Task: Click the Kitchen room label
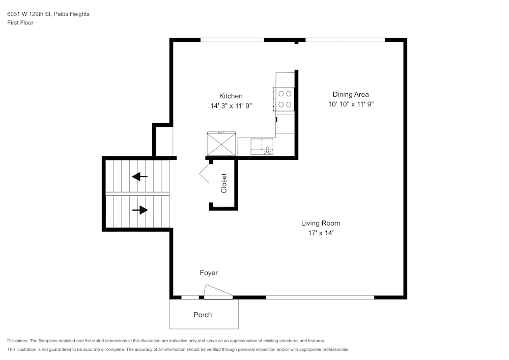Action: (x=231, y=96)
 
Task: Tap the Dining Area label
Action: (x=350, y=94)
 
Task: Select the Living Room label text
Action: (x=320, y=223)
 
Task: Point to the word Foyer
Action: (x=208, y=273)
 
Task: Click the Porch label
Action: (x=203, y=315)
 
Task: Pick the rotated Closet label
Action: (x=224, y=183)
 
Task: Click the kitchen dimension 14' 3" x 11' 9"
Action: (x=231, y=106)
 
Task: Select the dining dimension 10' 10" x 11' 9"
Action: (x=351, y=104)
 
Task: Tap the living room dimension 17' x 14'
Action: (x=320, y=233)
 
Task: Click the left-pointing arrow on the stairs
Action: (x=139, y=177)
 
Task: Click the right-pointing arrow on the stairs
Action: (x=140, y=210)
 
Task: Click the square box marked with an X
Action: (x=221, y=144)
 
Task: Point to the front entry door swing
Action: (x=218, y=292)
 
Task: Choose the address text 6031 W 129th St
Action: (x=30, y=14)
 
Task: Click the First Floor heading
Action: (x=20, y=23)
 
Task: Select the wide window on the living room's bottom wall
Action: (x=320, y=297)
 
